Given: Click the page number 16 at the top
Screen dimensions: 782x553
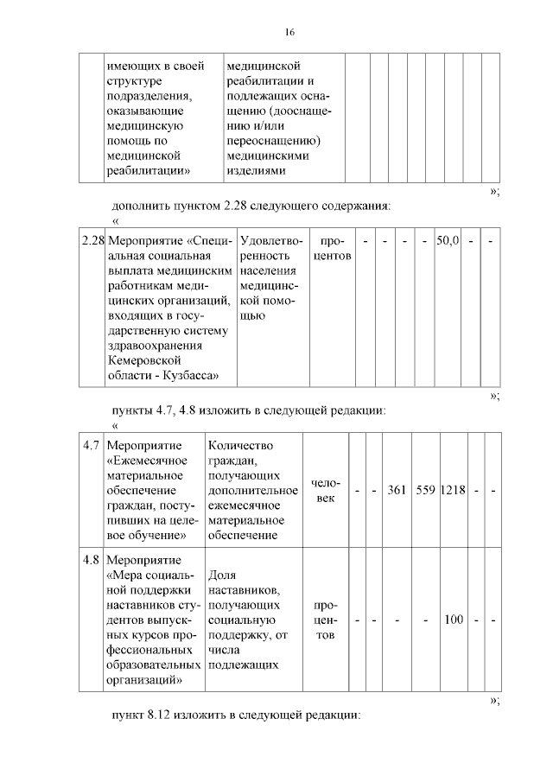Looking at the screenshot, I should (289, 32).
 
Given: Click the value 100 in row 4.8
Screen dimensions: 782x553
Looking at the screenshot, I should (453, 620).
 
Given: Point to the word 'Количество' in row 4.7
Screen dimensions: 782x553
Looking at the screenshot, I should (240, 445).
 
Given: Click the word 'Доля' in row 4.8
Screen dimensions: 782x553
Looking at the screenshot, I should (221, 574).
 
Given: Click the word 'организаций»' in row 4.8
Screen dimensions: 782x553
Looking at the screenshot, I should (143, 680).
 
